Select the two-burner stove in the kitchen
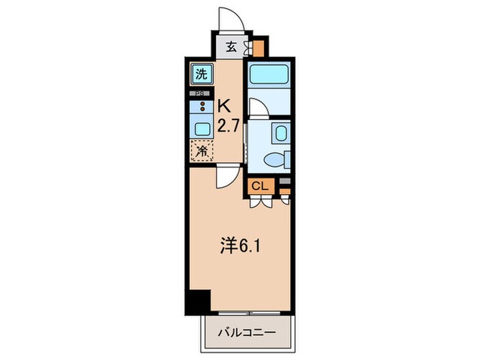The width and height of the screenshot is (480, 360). point(202,106)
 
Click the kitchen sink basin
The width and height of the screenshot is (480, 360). point(202,128)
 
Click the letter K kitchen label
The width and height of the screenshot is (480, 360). point(224,106)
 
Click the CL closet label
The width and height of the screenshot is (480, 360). point(259,186)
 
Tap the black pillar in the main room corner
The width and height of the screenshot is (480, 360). point(198,301)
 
